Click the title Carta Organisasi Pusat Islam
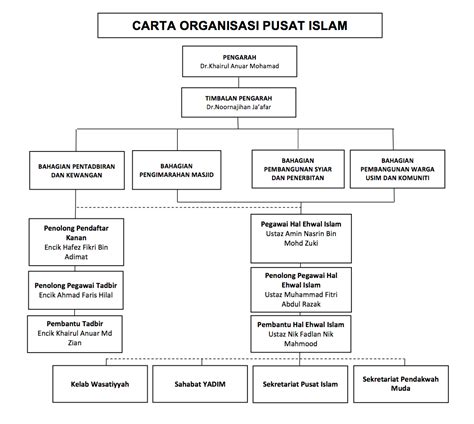coord(240,26)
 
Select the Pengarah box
coord(240,62)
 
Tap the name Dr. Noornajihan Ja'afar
coord(239,107)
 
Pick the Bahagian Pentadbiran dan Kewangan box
coord(77,171)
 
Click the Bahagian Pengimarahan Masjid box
coord(177,170)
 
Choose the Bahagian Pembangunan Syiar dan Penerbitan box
coord(298,169)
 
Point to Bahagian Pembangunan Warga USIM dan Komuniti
coord(397,169)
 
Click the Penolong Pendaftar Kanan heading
coord(76,233)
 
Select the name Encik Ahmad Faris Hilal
coord(76,295)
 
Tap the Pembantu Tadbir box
coord(75,334)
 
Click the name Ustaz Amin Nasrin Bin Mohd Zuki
coord(301,238)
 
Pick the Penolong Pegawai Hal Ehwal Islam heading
coord(301,280)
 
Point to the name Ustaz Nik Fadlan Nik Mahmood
coord(301,339)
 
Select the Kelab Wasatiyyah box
coord(100,384)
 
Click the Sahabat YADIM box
coord(200,384)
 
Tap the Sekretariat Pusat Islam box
coord(300,384)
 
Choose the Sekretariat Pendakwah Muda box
coord(401,384)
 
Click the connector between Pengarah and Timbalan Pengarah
coord(239,82)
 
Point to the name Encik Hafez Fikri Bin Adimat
coord(76,252)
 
